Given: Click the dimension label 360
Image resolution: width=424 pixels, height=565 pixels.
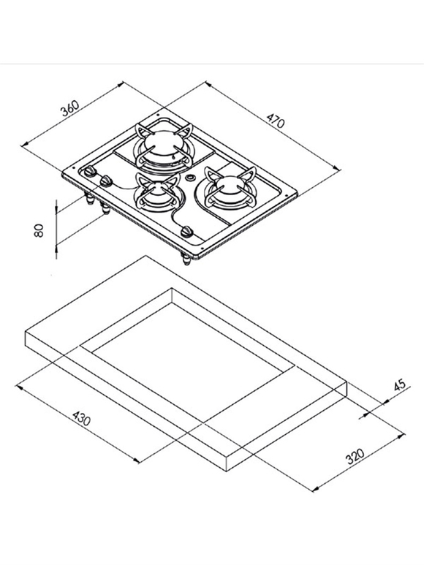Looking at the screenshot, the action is coord(69,108).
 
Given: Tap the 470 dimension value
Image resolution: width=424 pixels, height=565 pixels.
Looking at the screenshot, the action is coord(276,121).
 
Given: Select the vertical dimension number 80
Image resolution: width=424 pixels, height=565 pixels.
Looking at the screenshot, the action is coord(39,231).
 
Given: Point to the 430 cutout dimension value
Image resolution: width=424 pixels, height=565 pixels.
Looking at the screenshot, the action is coord(82,418).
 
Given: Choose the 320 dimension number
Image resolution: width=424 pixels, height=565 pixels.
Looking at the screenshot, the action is coord(355,456).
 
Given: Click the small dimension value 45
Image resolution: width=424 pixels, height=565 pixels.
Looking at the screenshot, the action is coord(399,385).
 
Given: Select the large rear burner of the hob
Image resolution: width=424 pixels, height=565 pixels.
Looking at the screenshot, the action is coord(164,148).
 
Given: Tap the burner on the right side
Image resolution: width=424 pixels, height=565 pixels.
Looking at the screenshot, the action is coord(230,189).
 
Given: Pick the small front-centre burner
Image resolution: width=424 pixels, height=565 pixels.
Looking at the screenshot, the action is coord(156,193).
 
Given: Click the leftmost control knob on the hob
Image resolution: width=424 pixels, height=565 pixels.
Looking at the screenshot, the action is coord(90,172).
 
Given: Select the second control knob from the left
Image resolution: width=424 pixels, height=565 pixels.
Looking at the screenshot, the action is coord(106,181).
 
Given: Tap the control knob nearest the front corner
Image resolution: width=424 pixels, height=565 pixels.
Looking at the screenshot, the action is coord(187,231).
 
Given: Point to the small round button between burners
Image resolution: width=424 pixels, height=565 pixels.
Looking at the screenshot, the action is coord(190,178).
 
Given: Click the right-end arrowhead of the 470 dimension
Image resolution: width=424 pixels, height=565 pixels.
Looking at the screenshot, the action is coord(336,168).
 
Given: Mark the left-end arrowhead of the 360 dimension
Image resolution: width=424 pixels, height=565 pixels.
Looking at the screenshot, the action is coord(25,144).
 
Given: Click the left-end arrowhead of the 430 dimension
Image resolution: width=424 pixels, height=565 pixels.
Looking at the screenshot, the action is coord(20,387).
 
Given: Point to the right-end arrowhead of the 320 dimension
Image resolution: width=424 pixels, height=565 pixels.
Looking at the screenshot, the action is coord(401,436).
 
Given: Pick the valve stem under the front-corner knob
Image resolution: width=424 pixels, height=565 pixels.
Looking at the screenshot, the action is coord(186,259).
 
